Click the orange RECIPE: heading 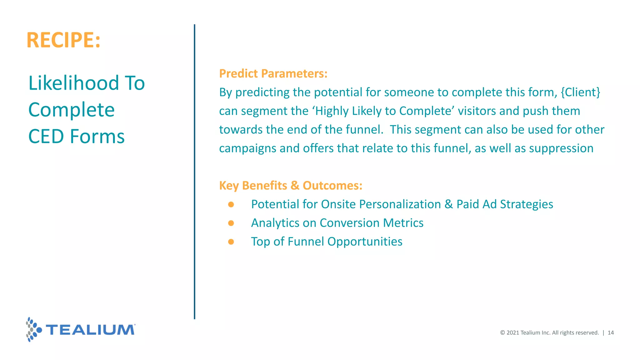(x=64, y=40)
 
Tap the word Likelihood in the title (x=74, y=83)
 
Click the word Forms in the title (x=97, y=137)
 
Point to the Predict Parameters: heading (x=273, y=73)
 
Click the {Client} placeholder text (x=580, y=92)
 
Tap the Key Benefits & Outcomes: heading (x=291, y=185)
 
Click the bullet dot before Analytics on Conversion (x=231, y=223)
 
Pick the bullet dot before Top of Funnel (x=231, y=242)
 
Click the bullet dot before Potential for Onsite (x=231, y=204)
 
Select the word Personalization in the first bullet (x=400, y=204)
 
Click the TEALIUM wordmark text (x=91, y=330)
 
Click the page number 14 (x=611, y=333)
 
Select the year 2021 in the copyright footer (x=512, y=333)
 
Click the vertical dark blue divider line (x=194, y=172)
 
